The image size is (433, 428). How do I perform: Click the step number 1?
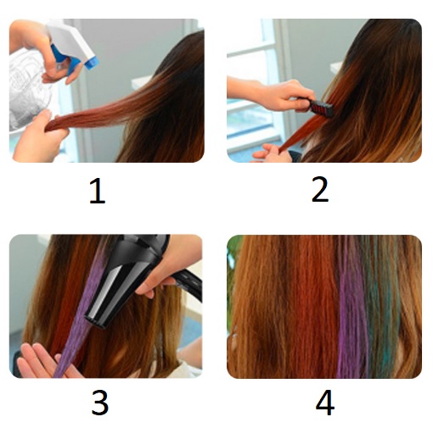point(97,192)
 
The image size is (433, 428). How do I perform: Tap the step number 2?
point(320,190)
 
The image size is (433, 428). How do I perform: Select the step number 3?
point(100,403)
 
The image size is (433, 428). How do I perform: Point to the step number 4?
point(325,403)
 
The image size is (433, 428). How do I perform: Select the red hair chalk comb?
point(321,107)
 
